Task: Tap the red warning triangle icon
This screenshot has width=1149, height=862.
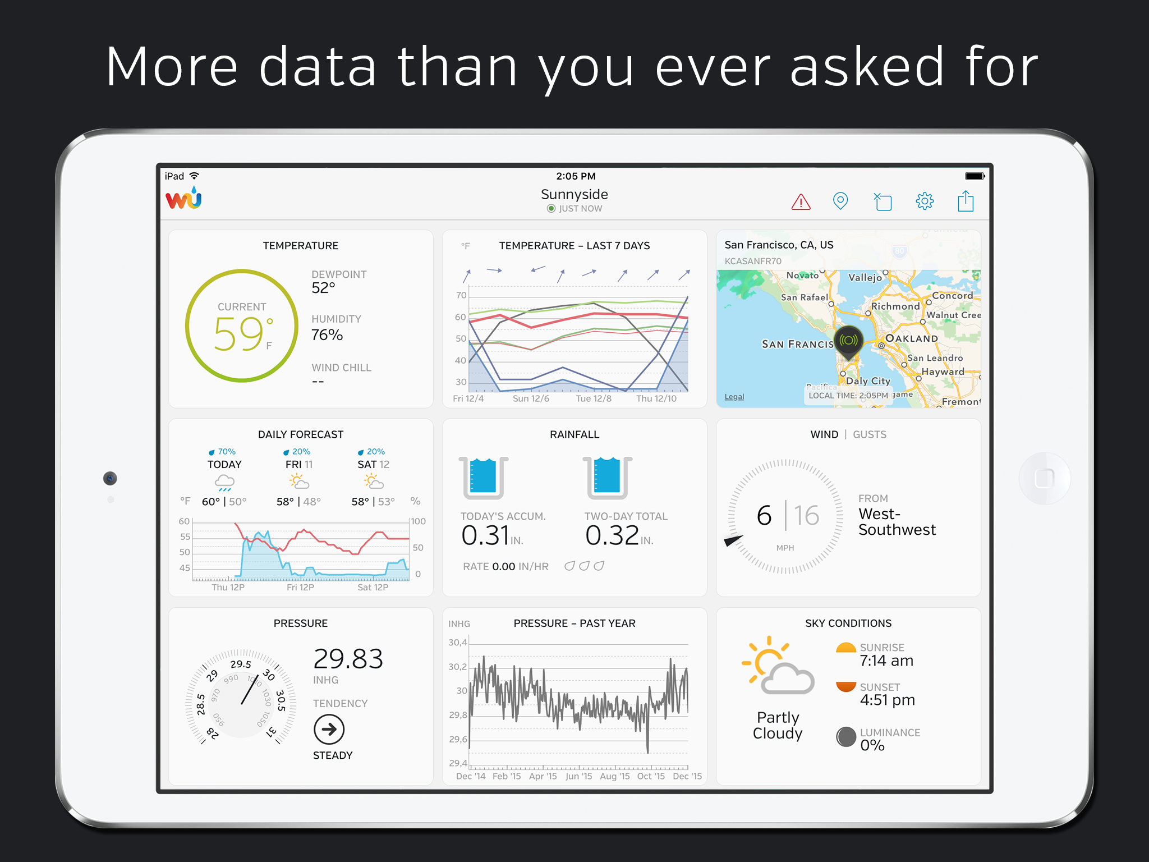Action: click(801, 201)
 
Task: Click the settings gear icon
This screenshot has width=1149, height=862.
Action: click(925, 201)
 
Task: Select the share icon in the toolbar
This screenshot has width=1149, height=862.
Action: click(966, 200)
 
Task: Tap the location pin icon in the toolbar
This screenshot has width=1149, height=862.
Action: click(840, 201)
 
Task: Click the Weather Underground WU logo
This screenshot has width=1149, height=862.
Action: click(183, 198)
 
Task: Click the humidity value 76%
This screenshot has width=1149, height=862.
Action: click(327, 335)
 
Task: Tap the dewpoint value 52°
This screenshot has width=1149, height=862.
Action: click(323, 288)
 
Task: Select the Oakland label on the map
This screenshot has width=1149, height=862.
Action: click(912, 338)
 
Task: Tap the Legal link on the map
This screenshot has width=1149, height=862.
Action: click(734, 397)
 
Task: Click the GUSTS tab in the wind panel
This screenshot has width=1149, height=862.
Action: click(870, 434)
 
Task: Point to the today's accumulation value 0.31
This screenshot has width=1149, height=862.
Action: click(485, 535)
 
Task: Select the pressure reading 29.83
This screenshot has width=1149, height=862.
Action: click(348, 659)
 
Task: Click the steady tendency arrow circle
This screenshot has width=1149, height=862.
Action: click(329, 729)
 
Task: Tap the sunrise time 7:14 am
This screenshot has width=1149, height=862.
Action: click(886, 661)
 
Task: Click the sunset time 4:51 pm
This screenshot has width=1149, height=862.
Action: click(888, 700)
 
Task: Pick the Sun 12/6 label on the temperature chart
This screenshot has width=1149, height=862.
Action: click(531, 398)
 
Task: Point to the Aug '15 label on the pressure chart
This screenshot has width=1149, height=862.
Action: click(615, 776)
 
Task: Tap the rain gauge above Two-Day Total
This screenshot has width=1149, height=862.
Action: click(607, 478)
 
